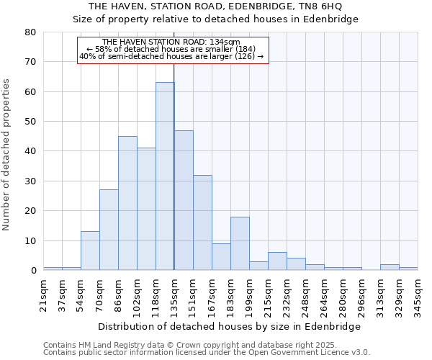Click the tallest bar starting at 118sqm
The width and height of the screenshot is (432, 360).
point(165,176)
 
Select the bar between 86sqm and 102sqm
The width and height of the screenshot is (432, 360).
point(127,203)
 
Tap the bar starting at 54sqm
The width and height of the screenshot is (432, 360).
point(90,251)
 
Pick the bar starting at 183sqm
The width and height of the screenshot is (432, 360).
point(240,243)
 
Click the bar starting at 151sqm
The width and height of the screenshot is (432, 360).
point(202,222)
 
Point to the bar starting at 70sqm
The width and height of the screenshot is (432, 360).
point(109,230)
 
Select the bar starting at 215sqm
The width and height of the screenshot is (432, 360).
point(277,261)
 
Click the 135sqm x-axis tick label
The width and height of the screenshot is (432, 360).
point(174,294)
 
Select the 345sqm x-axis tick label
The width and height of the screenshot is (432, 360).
point(418,294)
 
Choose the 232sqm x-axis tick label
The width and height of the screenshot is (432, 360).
point(287,294)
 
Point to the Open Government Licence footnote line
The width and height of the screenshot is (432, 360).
point(207,353)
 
